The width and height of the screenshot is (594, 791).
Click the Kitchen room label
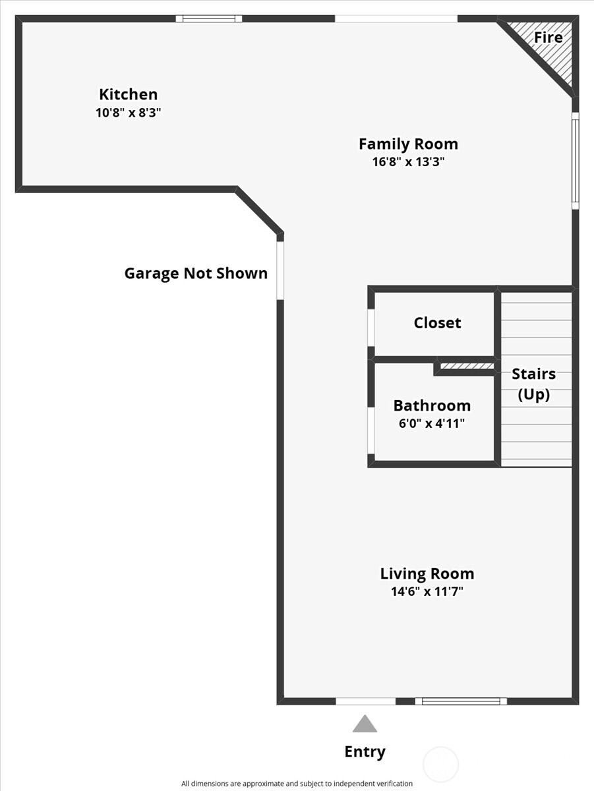pos(128,94)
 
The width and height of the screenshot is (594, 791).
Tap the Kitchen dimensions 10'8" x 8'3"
pos(128,113)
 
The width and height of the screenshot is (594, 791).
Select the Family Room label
pos(408,144)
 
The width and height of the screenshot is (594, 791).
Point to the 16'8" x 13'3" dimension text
pos(408,162)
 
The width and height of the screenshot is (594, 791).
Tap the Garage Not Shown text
pos(196,274)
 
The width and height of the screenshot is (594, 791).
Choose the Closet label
pos(437,323)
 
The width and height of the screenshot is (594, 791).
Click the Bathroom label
pos(432,405)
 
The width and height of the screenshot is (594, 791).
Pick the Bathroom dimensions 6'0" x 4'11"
pos(432,424)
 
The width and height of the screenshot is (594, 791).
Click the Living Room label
pos(427,573)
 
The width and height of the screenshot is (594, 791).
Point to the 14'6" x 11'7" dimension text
pos(427,592)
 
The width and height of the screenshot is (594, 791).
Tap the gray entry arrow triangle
pos(365,724)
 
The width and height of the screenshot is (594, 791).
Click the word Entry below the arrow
pos(365,751)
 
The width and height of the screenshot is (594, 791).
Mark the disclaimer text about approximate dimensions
pos(297,784)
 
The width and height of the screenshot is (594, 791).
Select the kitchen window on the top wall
pos(209,18)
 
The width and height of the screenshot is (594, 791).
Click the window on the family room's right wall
pos(575,160)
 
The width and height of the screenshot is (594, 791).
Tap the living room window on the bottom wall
pos(461,701)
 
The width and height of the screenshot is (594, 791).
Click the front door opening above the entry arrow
pos(365,701)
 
